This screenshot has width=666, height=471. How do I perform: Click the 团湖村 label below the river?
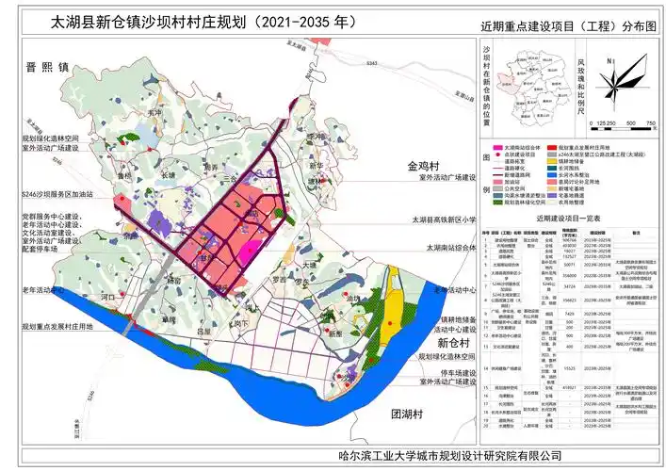pyautogui.click(x=411, y=414)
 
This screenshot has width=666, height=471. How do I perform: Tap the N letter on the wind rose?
pyautogui.click(x=611, y=61)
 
